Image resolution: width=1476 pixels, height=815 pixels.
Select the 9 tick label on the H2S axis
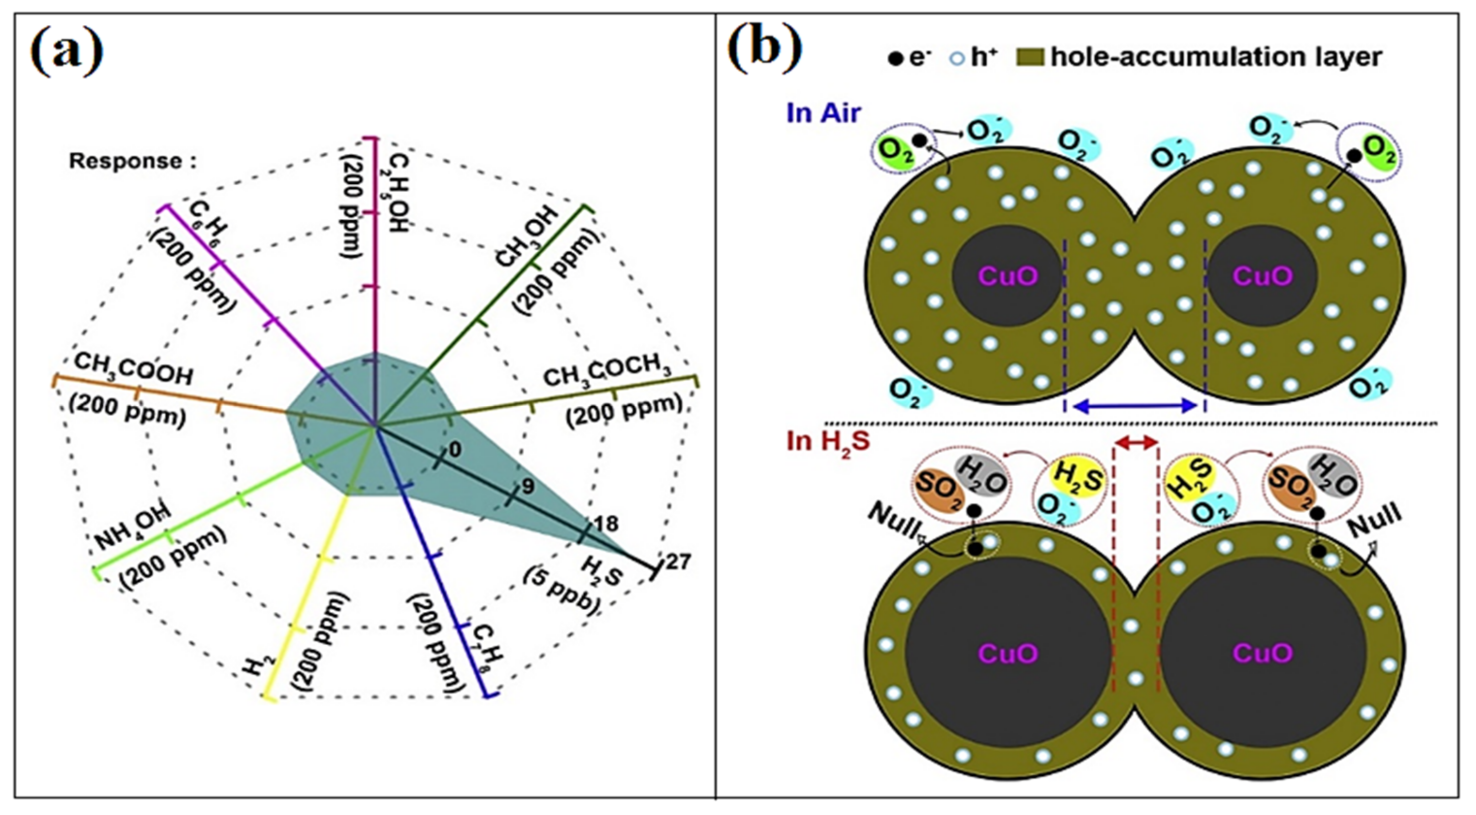click(x=528, y=486)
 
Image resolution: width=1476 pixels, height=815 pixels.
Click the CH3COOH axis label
click(x=133, y=370)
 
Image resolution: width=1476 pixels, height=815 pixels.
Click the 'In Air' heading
click(x=823, y=113)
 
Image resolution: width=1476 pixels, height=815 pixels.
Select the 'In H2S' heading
click(x=828, y=441)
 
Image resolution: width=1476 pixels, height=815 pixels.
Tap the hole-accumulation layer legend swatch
click(x=1029, y=57)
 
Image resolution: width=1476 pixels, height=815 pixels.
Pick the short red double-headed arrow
click(x=1135, y=442)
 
